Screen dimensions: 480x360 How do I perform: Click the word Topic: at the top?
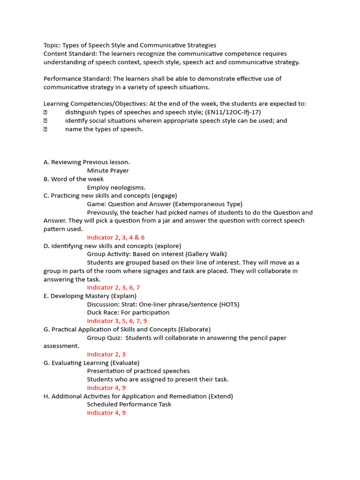pos(52,45)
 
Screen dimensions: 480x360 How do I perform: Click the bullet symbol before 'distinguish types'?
pos(45,112)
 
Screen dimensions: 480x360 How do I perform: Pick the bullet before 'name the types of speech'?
pos(45,129)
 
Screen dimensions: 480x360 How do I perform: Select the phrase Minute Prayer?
pos(108,171)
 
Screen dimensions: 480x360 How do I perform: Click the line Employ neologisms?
pos(116,187)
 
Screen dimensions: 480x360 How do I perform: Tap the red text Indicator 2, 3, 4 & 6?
pos(116,238)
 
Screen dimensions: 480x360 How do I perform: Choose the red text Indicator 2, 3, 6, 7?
pos(113,287)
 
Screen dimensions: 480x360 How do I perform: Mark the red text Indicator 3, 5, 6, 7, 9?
pos(117,321)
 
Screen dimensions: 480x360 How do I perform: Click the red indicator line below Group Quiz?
pos(106,354)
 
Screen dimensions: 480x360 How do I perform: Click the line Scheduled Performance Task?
pos(129,404)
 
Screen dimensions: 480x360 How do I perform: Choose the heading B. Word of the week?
pos(74,179)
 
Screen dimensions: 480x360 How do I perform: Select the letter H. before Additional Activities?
pos(46,396)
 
